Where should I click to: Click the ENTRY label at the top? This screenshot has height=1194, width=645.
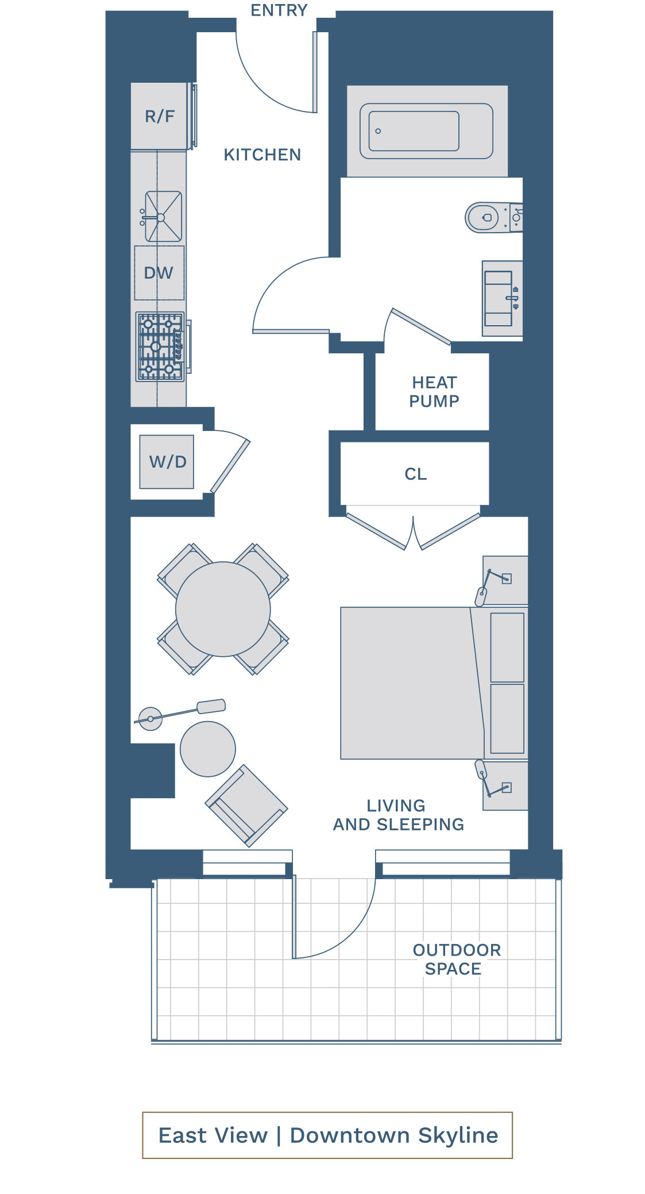(x=279, y=10)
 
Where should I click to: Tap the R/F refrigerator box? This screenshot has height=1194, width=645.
(x=159, y=116)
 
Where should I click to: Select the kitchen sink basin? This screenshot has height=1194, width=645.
(x=163, y=217)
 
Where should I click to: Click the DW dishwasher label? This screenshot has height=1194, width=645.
(x=159, y=273)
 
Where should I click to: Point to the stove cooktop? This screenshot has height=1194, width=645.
(x=160, y=346)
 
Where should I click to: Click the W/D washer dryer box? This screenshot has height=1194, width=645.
(x=167, y=461)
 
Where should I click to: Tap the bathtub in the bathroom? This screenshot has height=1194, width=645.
(x=426, y=131)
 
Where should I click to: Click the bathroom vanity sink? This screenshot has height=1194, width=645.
(x=499, y=299)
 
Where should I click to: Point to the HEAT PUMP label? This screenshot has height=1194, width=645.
(x=434, y=392)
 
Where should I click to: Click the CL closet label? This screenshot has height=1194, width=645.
(x=416, y=474)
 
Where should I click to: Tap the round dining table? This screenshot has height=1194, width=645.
(x=223, y=609)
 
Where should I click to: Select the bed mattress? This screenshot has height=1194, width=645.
(x=412, y=683)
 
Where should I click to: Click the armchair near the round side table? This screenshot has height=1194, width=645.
(x=246, y=806)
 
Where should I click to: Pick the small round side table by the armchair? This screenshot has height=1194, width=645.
(x=208, y=749)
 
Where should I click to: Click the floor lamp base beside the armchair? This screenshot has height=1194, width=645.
(x=150, y=719)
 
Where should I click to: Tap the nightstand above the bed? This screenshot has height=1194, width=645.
(x=505, y=580)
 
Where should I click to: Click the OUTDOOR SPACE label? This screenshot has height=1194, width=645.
(x=457, y=959)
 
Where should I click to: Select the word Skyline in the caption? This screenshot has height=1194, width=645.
(x=458, y=1135)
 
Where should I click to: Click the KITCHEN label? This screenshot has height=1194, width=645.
(x=262, y=155)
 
